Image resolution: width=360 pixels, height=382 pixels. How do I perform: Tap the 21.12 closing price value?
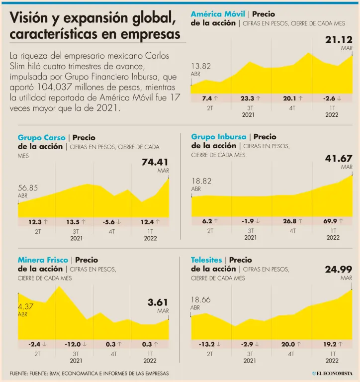click(x=339, y=39)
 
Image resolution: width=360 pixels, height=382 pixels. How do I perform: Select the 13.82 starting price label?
click(x=201, y=66)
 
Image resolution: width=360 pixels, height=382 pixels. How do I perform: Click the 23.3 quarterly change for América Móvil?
click(x=247, y=98)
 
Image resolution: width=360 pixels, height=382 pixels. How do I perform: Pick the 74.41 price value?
click(x=155, y=162)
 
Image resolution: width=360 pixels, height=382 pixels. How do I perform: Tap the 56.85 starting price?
click(x=28, y=188)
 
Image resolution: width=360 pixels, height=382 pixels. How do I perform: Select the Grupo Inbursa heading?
click(x=219, y=137)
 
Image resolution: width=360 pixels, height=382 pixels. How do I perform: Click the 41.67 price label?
click(x=339, y=159)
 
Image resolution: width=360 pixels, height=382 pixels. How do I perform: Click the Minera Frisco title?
click(x=43, y=260)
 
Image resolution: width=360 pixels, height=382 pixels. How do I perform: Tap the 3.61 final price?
click(x=158, y=302)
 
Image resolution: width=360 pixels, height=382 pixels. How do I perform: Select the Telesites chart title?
click(x=206, y=260)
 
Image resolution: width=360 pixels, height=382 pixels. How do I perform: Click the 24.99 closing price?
click(x=339, y=270)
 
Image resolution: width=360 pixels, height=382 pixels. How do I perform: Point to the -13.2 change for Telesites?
click(x=206, y=344)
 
